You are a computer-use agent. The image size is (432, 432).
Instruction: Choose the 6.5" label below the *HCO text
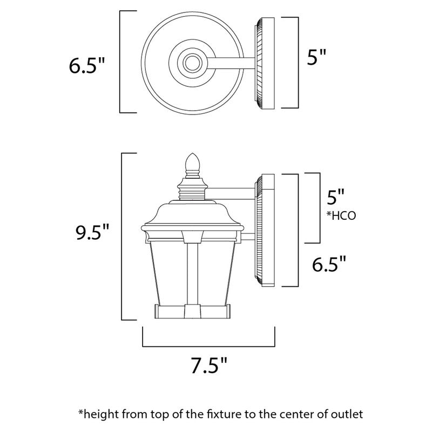coord(329,265)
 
